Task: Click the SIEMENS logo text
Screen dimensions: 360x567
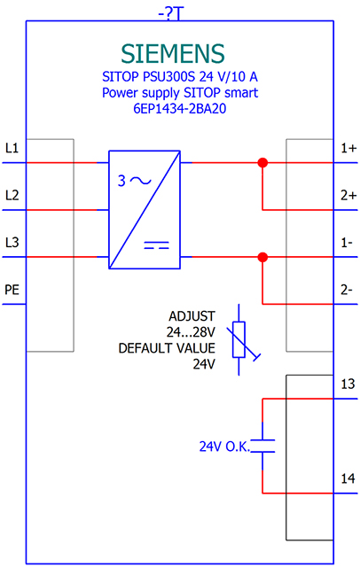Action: [x=173, y=53]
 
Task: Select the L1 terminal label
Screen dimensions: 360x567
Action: [x=12, y=148]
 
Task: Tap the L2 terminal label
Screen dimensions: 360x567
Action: [x=12, y=195]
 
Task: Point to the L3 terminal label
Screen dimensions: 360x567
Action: [x=12, y=242]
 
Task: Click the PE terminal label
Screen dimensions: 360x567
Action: [x=12, y=290]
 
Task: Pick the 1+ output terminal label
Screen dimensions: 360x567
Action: [x=348, y=148]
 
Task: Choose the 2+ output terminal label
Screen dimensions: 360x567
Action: [x=348, y=195]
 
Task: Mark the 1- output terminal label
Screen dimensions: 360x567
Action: [x=347, y=242]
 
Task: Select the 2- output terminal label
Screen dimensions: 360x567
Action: [x=347, y=290]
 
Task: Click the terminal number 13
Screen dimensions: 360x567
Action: [x=348, y=384]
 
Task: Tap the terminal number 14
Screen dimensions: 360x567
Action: [x=348, y=478]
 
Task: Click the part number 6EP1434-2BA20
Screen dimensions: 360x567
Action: [x=180, y=108]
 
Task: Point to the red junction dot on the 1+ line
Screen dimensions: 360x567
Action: [x=262, y=163]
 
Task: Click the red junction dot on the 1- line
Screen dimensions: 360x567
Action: [x=262, y=257]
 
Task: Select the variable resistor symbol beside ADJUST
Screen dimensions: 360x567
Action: [x=239, y=339]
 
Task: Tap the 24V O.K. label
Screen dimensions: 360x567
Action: [x=224, y=447]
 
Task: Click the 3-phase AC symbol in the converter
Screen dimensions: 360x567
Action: [x=134, y=181]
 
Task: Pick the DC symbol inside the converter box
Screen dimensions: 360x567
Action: [x=156, y=245]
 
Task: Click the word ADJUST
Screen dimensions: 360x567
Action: [x=192, y=316]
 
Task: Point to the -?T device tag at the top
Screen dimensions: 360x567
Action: [x=171, y=14]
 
